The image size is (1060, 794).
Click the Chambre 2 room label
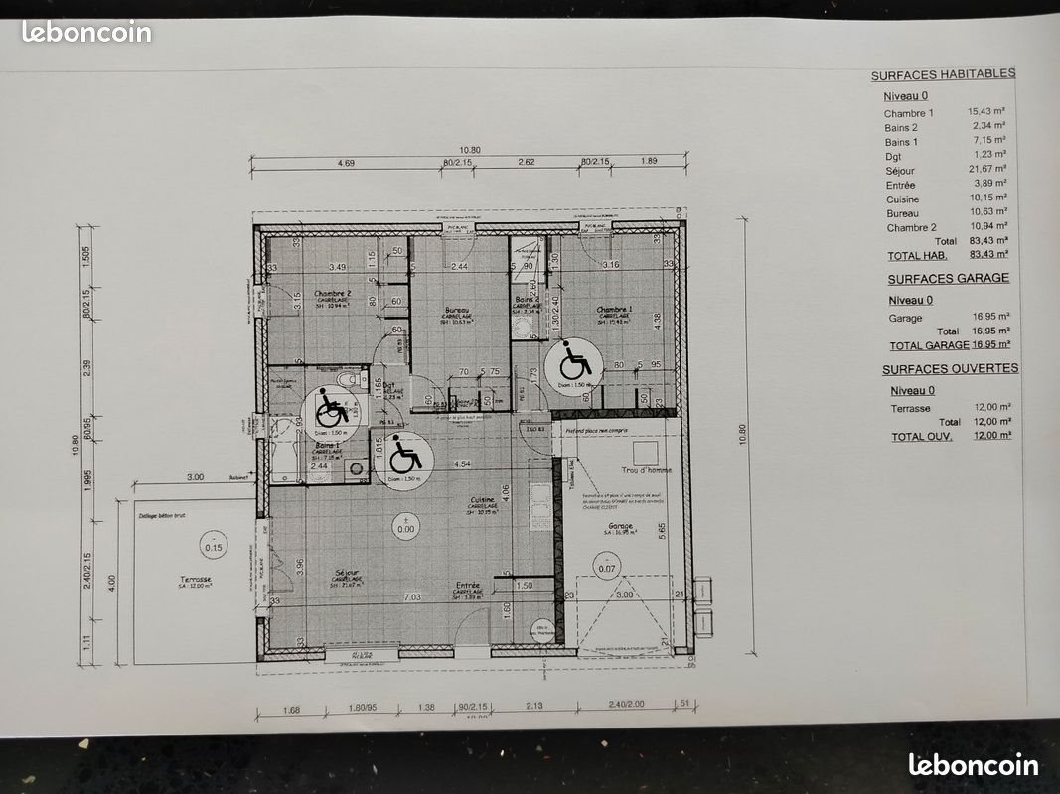pos(334,294)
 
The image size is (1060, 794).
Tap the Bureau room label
pos(458,310)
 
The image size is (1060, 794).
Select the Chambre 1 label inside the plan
pos(615,310)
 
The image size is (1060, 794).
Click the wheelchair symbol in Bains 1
pos(331,408)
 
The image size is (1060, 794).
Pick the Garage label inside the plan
pos(621,527)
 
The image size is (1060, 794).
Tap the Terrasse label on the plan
pos(196,580)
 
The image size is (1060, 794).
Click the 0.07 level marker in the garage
pos(606,568)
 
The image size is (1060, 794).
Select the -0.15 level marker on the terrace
pos(214,547)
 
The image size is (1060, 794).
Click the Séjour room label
pos(347,572)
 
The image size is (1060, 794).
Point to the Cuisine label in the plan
pos(483,500)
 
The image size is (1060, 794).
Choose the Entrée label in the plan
pos(468,586)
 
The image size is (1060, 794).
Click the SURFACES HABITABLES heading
pos(943,75)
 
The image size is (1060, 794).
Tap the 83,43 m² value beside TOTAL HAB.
pos(987,255)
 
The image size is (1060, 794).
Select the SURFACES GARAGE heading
pos(948,279)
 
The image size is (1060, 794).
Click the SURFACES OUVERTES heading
pos(950,368)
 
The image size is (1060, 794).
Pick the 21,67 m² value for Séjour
pos(987,171)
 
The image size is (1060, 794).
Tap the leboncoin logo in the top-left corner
pos(86,32)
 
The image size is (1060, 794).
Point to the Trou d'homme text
pos(647,469)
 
